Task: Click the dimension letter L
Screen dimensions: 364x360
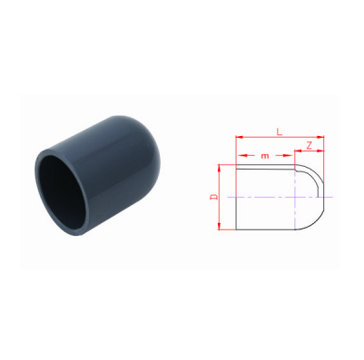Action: coord(280,131)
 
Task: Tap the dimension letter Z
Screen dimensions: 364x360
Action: coord(309,146)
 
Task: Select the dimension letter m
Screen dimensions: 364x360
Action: coord(265,156)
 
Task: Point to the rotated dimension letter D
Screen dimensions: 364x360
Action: coord(214,197)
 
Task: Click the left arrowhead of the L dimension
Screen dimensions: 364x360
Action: coord(240,137)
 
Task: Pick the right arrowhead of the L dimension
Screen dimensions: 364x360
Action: coord(320,137)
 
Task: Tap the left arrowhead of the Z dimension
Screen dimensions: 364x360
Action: coord(298,151)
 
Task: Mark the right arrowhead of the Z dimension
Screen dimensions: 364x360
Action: coord(320,151)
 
